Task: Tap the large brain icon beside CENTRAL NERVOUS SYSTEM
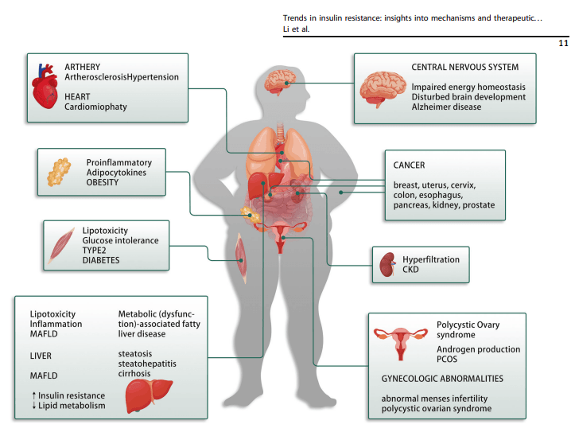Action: pyautogui.click(x=382, y=89)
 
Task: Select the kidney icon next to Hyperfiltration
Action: pyautogui.click(x=388, y=265)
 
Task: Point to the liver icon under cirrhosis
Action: pyautogui.click(x=150, y=391)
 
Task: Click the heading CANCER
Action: pyautogui.click(x=409, y=165)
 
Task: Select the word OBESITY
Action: pyautogui.click(x=103, y=182)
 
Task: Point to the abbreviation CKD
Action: pyautogui.click(x=410, y=270)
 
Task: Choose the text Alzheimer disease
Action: pyautogui.click(x=446, y=107)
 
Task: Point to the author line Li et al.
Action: pyautogui.click(x=295, y=29)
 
